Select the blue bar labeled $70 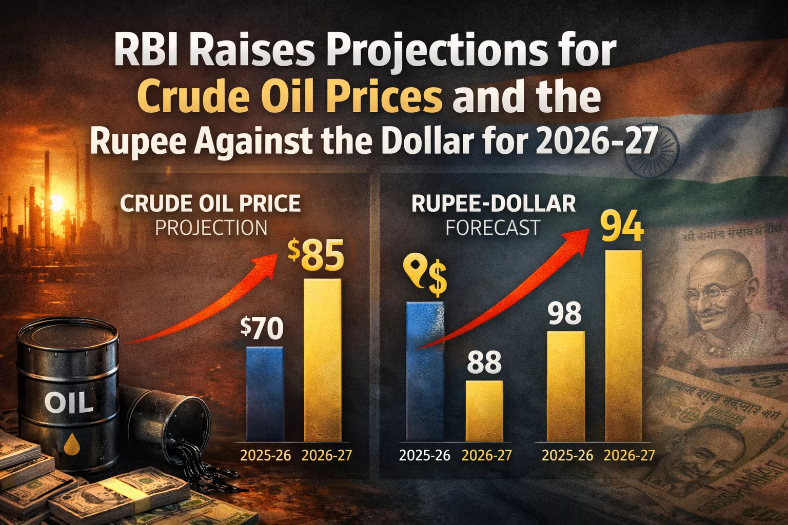pos(265,393)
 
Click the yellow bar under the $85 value pos(323,359)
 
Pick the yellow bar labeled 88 pos(484,410)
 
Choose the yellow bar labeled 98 pos(566,386)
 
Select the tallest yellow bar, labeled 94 pos(623,346)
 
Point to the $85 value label pos(316,256)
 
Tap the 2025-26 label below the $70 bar pos(265,455)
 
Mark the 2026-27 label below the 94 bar pos(629,455)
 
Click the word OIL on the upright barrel pos(69,403)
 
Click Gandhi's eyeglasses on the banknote pos(711,294)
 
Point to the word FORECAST pos(493,228)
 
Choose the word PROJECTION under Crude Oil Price pos(211,228)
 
